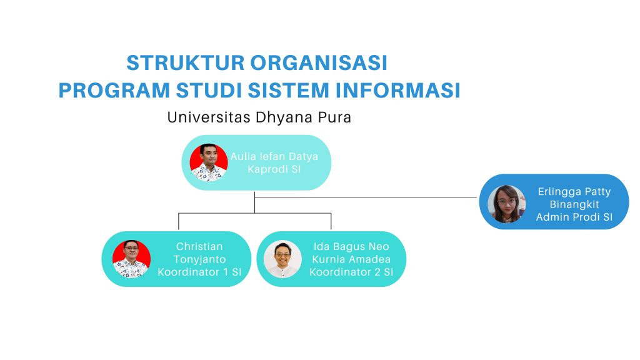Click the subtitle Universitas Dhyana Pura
point(259,117)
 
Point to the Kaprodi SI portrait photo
point(209,162)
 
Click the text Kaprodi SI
point(274,169)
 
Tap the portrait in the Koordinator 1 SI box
point(131,259)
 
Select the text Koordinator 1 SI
point(200,272)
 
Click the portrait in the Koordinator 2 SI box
point(282,259)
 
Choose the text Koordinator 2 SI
point(351,272)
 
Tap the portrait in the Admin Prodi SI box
point(506,204)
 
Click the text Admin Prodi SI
point(574,217)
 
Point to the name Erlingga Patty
point(574,192)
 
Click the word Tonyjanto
point(200,259)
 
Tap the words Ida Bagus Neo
point(351,246)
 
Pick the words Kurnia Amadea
point(351,259)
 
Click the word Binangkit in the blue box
point(574,204)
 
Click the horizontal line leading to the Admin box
point(375,197)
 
